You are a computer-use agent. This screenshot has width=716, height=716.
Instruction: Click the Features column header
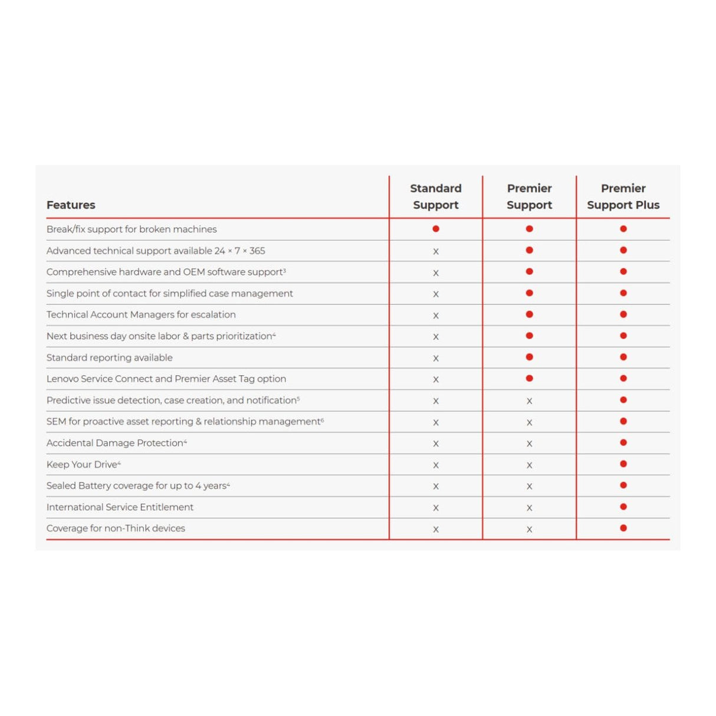coord(71,205)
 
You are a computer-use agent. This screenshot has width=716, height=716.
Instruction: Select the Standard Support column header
coord(436,196)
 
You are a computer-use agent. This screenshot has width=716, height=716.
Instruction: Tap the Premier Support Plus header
coord(623,196)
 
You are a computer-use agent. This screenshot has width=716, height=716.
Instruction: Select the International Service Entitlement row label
coord(120,507)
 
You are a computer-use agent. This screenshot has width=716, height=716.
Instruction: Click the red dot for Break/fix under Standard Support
coord(436,229)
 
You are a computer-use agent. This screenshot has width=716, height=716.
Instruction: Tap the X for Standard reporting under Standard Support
coord(436,358)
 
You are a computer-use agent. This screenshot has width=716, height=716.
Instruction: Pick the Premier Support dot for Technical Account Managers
coord(530,314)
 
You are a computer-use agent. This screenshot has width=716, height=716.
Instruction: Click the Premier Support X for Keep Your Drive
coord(530,465)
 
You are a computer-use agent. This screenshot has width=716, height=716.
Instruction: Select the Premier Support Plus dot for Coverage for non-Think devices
coord(623,528)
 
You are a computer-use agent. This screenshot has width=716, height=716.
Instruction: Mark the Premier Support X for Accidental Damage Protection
coord(530,444)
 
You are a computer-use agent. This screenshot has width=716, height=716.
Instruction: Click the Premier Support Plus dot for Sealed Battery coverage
coord(623,485)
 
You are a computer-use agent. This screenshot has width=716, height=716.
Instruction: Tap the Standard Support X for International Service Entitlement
coord(436,508)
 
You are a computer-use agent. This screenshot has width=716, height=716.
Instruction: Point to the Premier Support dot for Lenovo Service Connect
coord(530,379)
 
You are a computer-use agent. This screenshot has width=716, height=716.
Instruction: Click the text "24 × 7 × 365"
coord(239,251)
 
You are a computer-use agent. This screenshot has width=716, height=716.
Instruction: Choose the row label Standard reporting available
coord(110,357)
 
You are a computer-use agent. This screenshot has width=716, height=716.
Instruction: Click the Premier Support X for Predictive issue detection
coord(530,401)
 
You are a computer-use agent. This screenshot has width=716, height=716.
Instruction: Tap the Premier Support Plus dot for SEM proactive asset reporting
coord(623,421)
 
